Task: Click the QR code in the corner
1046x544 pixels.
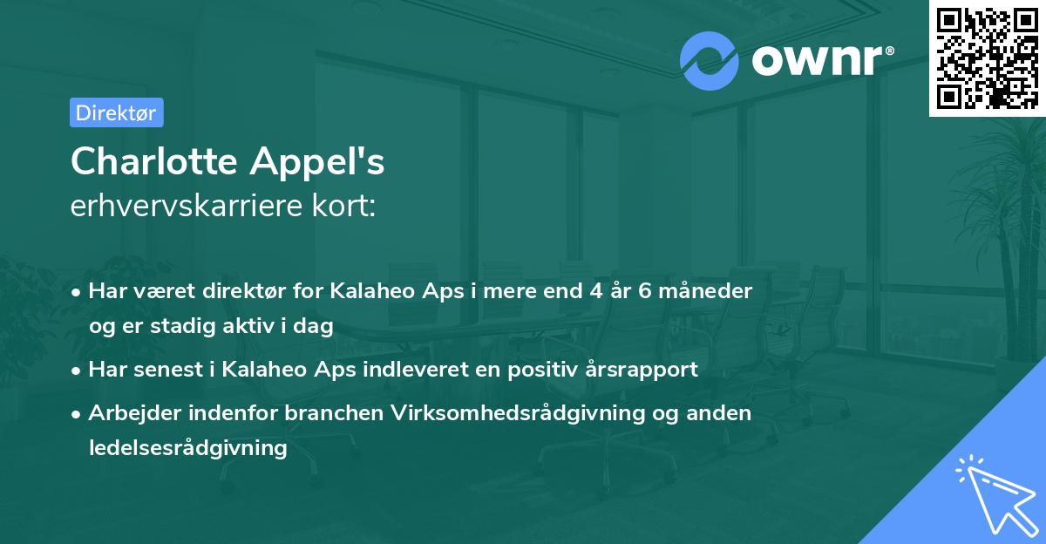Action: click(x=988, y=58)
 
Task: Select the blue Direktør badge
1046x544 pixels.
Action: click(x=116, y=112)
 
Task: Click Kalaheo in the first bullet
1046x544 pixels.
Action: click(x=371, y=291)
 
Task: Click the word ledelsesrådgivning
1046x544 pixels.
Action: click(x=187, y=448)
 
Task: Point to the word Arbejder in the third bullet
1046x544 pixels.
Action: click(x=128, y=413)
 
